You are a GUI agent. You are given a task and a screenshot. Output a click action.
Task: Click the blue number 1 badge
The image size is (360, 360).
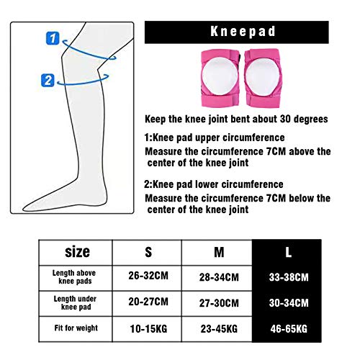pyautogui.click(x=53, y=38)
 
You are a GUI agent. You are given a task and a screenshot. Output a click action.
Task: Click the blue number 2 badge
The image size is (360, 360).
pyautogui.click(x=48, y=81)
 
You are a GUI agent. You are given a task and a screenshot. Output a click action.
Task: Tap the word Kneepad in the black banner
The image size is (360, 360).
pyautogui.click(x=243, y=32)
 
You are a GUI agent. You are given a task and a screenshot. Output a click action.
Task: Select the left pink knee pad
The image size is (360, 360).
pyautogui.click(x=220, y=78)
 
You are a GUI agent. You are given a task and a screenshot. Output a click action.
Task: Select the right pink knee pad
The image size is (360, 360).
pyautogui.click(x=263, y=78)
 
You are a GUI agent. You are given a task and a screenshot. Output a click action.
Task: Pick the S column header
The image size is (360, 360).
pyautogui.click(x=148, y=252)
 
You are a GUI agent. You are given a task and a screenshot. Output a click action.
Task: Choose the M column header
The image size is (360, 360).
pyautogui.click(x=219, y=252)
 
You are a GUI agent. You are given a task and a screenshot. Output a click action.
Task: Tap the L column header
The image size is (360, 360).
pyautogui.click(x=288, y=252)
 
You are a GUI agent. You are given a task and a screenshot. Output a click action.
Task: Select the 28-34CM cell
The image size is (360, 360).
pyautogui.click(x=219, y=277)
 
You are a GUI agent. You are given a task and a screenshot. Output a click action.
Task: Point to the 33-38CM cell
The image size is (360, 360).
pyautogui.click(x=289, y=277)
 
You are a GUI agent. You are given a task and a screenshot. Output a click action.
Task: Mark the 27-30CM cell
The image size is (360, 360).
pyautogui.click(x=219, y=303)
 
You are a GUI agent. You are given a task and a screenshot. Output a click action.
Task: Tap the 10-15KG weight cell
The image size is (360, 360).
pyautogui.click(x=148, y=329)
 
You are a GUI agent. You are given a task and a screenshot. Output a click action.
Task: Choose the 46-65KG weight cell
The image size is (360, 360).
pyautogui.click(x=289, y=329)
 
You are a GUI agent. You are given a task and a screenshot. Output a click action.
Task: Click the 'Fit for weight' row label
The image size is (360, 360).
pyautogui.click(x=76, y=328)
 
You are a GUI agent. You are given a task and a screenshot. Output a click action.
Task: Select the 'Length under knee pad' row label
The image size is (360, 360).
pyautogui.click(x=75, y=303)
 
